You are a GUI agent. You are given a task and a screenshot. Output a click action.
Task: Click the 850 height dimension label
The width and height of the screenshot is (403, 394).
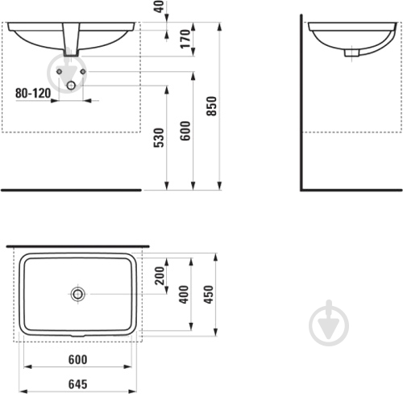[x=212, y=106]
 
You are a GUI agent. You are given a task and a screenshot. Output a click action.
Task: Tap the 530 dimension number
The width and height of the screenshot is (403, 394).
[x=159, y=137]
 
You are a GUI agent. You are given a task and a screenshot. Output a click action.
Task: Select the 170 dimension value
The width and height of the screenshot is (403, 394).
[x=185, y=39]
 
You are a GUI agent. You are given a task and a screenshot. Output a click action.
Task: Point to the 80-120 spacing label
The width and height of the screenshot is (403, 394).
[x=33, y=93]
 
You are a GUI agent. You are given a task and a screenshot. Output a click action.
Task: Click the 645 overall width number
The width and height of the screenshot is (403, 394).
[x=78, y=384]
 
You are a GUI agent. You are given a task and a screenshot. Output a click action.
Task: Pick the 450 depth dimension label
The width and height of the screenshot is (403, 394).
[x=209, y=295]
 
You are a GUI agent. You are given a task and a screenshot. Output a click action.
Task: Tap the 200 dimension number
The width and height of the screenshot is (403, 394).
[x=160, y=275]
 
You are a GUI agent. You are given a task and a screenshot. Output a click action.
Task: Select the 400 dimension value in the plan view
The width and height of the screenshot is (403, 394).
[x=184, y=295]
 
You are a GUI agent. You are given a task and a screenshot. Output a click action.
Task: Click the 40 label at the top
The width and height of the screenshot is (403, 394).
[x=160, y=6]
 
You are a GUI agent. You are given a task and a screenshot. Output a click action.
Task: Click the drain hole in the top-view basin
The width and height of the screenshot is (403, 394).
[x=78, y=294]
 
